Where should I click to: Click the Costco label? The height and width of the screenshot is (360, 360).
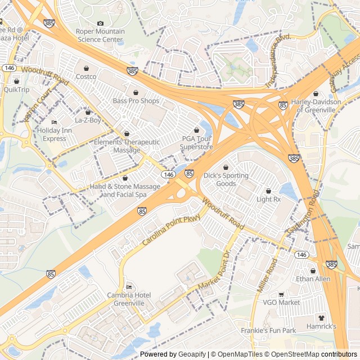(x=86, y=76)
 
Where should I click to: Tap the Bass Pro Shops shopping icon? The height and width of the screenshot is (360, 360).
(x=136, y=92)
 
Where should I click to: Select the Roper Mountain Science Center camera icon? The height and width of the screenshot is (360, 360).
(x=101, y=23)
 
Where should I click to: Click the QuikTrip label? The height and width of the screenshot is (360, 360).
(x=16, y=89)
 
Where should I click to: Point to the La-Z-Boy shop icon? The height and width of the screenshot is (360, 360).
(x=88, y=112)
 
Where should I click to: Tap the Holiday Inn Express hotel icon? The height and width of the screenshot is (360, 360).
(x=54, y=123)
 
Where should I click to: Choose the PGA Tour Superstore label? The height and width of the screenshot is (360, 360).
(x=196, y=143)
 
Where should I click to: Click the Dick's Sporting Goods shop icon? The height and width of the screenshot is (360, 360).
(x=226, y=168)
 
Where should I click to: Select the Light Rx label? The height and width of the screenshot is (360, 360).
(x=268, y=199)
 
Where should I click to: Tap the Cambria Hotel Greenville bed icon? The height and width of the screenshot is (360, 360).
(x=129, y=287)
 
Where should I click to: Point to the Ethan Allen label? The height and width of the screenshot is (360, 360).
(x=313, y=279)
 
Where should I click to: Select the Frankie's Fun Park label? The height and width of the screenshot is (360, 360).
(x=268, y=331)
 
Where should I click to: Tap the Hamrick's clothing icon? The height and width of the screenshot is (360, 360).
(x=322, y=318)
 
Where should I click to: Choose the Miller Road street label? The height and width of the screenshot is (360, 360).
(x=268, y=275)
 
